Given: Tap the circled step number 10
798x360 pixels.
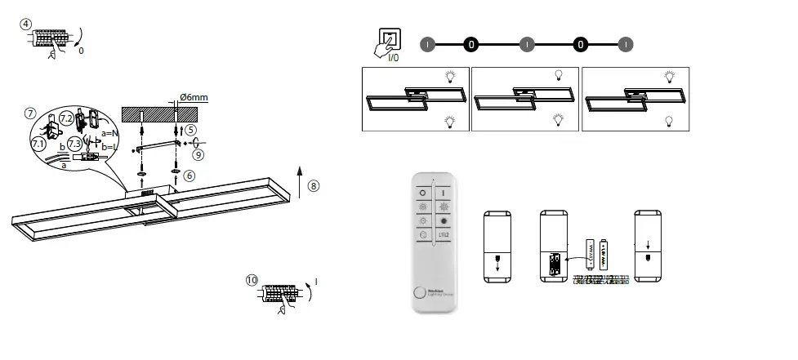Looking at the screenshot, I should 252,280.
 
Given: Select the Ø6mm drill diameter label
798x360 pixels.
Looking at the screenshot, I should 194,98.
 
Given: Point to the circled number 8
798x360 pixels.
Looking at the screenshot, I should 314,186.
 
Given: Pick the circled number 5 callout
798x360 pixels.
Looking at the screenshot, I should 190,129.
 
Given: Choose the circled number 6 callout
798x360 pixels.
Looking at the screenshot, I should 189,175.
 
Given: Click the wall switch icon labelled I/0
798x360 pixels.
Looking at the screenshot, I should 390,41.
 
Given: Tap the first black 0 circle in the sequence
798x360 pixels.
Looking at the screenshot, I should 470,44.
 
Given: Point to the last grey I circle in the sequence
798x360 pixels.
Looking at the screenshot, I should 625,44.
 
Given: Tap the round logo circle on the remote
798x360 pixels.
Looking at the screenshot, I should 420,295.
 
